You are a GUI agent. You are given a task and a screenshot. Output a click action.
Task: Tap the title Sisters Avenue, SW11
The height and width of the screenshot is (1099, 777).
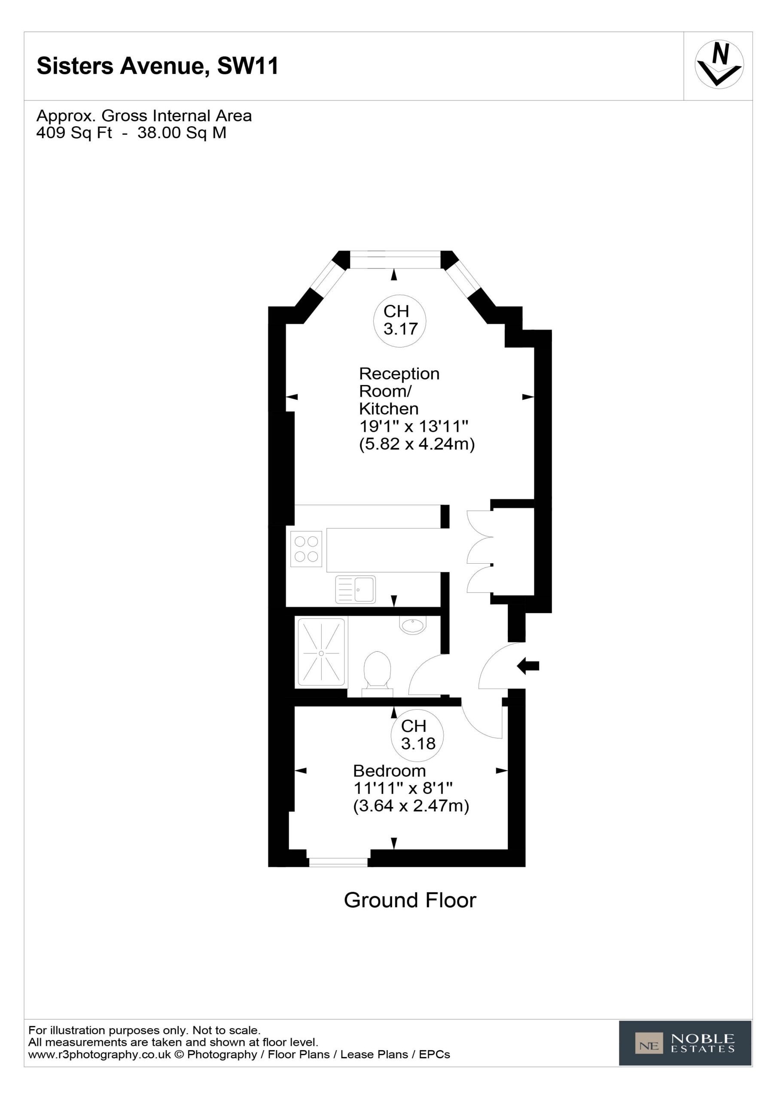tap(158, 66)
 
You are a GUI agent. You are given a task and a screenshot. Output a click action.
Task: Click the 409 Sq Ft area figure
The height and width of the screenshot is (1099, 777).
tap(74, 133)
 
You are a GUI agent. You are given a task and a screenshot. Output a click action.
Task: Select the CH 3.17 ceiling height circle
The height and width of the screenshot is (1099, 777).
tap(399, 320)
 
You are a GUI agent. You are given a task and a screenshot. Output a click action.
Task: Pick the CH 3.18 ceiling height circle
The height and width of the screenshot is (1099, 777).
tap(417, 735)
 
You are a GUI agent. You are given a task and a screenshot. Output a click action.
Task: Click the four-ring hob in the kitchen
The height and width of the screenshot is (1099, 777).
tap(306, 549)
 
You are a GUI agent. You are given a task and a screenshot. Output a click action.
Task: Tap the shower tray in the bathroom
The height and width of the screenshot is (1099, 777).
tap(321, 653)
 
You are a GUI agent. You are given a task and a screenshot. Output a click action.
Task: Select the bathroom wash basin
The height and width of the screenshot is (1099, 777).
tap(412, 625)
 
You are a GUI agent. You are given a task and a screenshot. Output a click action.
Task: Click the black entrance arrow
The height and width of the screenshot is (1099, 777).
tap(528, 666)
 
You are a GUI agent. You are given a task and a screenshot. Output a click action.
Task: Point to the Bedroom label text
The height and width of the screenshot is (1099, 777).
tap(390, 771)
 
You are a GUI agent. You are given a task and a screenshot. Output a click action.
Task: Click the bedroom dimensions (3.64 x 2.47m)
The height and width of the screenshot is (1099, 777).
tap(411, 806)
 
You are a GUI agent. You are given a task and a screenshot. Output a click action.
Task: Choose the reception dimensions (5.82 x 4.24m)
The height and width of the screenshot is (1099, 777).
tap(417, 444)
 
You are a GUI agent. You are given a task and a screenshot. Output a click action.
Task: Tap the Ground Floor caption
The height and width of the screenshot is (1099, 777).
tap(410, 900)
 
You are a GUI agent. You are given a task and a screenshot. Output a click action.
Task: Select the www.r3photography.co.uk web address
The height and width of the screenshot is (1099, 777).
tap(100, 1054)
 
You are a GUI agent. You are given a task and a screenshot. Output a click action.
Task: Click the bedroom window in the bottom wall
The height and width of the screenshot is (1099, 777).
tap(338, 862)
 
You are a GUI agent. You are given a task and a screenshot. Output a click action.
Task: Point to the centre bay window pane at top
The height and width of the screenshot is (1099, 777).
tap(395, 259)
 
